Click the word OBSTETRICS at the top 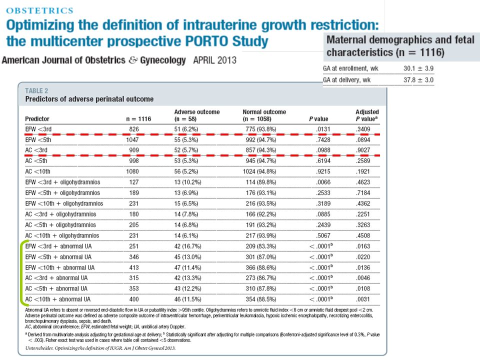coord(40,10)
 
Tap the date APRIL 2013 coord(214,60)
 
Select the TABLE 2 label coord(36,91)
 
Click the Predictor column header coord(37,119)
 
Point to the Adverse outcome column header coord(197,115)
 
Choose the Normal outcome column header coord(264,115)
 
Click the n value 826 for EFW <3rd coord(134,129)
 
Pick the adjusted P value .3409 coord(363,129)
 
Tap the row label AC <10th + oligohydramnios coord(62,235)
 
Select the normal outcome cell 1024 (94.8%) coord(259,171)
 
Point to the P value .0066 coord(323,182)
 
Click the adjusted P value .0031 coord(363,299)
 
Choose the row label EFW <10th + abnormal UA coord(59,268)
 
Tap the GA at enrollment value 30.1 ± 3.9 coord(418,68)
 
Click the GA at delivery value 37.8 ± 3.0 coord(418,80)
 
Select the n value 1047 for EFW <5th coord(132,140)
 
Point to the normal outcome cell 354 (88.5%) coord(261,299)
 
